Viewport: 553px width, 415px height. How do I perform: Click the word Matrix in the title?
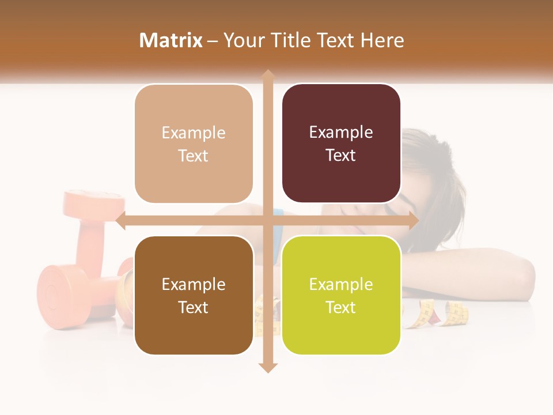[171, 40]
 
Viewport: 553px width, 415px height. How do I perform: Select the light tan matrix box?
[194, 144]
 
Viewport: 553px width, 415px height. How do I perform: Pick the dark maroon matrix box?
[341, 144]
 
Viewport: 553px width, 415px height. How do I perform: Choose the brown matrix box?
[194, 295]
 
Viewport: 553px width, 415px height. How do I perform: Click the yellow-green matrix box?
[341, 295]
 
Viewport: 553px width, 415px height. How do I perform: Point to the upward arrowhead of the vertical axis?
[267, 75]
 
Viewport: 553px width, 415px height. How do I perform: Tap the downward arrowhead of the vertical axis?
[267, 367]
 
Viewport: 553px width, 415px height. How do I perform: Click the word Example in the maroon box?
[341, 132]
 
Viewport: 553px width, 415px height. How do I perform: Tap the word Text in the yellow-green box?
[341, 307]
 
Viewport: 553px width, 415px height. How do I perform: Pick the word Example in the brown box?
[194, 284]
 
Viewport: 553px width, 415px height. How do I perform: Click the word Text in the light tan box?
[194, 156]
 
